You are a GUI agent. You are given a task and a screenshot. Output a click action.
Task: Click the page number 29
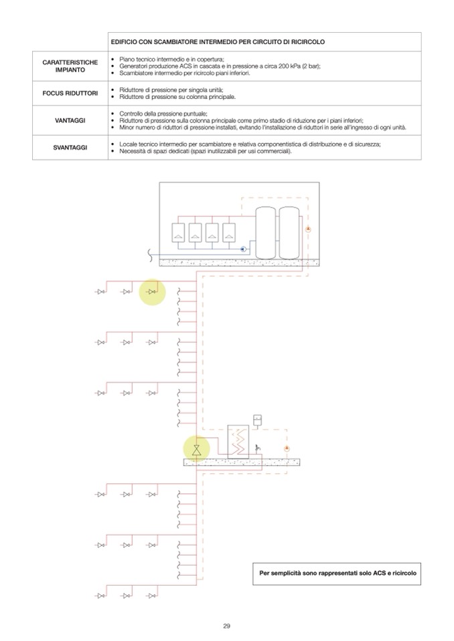click(226, 626)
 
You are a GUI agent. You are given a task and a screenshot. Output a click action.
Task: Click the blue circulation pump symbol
click(242, 249)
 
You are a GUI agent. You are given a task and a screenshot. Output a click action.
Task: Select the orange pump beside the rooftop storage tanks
click(308, 229)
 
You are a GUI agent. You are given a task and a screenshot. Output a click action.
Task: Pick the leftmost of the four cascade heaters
click(179, 232)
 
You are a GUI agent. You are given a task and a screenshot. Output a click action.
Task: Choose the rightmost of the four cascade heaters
click(230, 232)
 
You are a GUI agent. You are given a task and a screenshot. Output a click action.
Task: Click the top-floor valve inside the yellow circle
click(152, 292)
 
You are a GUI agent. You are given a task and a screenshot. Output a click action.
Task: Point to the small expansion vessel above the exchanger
click(258, 421)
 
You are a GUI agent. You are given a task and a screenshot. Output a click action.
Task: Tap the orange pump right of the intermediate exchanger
click(286, 447)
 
